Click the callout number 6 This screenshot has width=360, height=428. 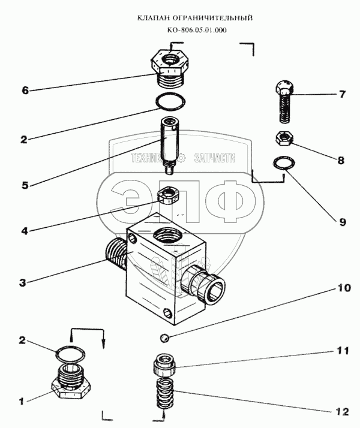pyautogui.click(x=25, y=91)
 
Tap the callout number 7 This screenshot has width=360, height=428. pyautogui.click(x=342, y=94)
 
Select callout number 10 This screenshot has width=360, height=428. pyautogui.click(x=343, y=288)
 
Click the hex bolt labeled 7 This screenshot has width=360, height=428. pyautogui.click(x=284, y=102)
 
